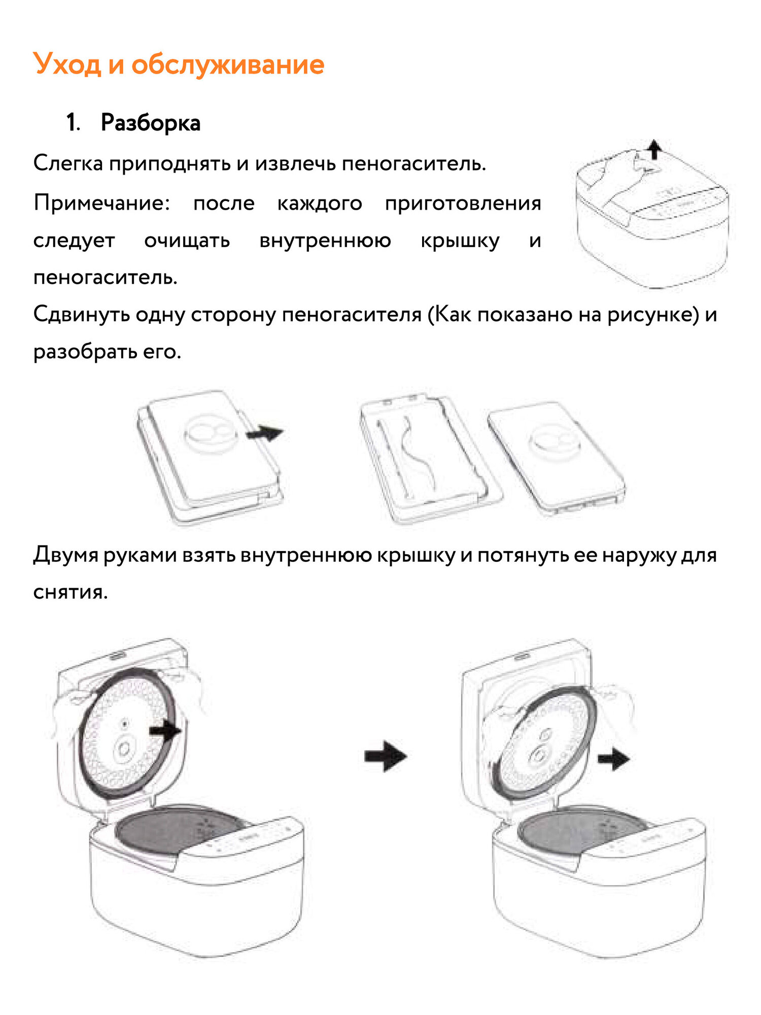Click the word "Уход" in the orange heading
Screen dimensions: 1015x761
[67, 65]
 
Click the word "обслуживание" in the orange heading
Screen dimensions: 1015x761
[228, 65]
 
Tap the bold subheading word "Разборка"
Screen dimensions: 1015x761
[151, 123]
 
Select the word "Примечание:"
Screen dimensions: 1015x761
[101, 203]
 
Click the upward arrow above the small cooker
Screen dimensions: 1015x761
[655, 149]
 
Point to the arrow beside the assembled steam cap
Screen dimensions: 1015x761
[264, 433]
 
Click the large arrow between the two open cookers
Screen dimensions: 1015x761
[386, 756]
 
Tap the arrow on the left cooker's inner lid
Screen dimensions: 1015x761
[165, 731]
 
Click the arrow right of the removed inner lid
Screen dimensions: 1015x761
[613, 759]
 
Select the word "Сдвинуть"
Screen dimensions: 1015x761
[81, 315]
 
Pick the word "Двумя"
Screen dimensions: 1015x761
[65, 555]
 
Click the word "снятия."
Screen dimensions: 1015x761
[71, 592]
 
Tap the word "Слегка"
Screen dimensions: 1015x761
[68, 163]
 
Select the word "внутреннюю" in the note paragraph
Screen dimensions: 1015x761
[325, 241]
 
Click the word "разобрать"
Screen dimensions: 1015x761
[84, 352]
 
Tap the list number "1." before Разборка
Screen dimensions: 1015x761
[73, 123]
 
